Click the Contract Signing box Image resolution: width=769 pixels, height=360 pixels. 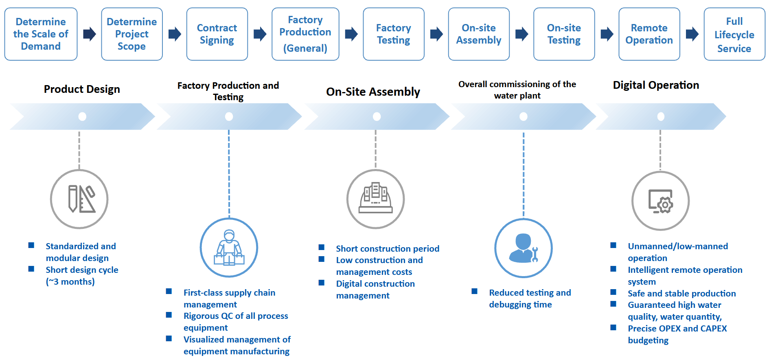[217, 34]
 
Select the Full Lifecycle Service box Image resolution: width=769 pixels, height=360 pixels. [734, 35]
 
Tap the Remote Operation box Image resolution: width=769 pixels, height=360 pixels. [649, 34]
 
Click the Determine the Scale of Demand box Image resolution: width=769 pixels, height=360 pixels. [41, 34]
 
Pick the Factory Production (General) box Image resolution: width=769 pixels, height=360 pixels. [305, 34]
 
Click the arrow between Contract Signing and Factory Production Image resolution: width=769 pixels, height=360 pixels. [260, 34]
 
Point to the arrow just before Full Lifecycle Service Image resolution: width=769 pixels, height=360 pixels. [692, 34]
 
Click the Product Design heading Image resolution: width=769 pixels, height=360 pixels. [82, 89]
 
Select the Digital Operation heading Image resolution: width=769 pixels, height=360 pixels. [656, 85]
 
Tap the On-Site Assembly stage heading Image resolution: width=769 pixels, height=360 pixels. [373, 92]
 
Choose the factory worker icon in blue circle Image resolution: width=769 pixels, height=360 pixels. [229, 248]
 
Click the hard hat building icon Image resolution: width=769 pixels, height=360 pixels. [375, 199]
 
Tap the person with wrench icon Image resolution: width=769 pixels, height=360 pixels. [524, 248]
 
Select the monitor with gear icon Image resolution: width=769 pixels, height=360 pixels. [660, 201]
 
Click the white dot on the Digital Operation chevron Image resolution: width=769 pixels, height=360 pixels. [661, 117]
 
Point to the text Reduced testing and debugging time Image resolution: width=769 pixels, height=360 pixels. [530, 299]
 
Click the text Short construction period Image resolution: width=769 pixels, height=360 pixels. [388, 249]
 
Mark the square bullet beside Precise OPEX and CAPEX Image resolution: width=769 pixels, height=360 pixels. [613, 327]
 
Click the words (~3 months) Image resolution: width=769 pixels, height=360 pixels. [70, 282]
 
